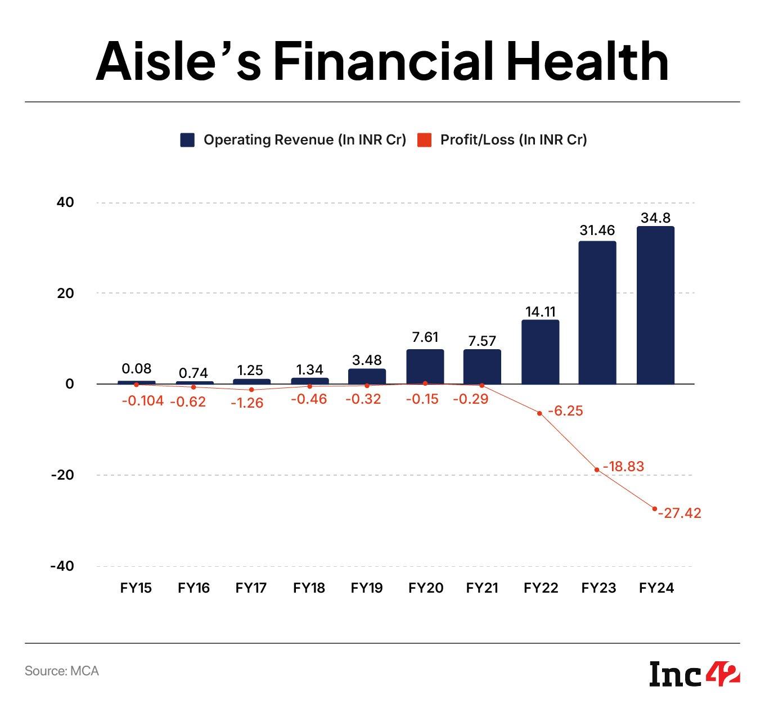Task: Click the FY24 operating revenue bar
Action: [x=655, y=305]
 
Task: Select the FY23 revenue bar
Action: [x=597, y=313]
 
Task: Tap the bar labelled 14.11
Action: [x=540, y=352]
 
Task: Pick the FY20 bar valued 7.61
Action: [x=425, y=367]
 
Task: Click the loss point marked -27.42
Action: [x=654, y=509]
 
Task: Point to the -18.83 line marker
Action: [x=597, y=470]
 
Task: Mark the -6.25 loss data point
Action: [x=539, y=413]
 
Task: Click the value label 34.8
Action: [x=655, y=218]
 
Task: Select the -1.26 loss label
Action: [x=247, y=403]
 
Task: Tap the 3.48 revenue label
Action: [x=367, y=360]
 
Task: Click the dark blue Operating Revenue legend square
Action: [x=187, y=140]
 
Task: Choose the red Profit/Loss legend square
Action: [x=424, y=140]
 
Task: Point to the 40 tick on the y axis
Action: [x=65, y=202]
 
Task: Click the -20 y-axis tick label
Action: [x=62, y=475]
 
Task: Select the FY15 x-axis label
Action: [x=136, y=588]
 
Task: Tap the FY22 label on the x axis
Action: [x=541, y=588]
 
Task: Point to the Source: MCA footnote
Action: [x=62, y=671]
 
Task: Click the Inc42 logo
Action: [x=694, y=674]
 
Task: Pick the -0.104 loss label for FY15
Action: [x=142, y=400]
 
